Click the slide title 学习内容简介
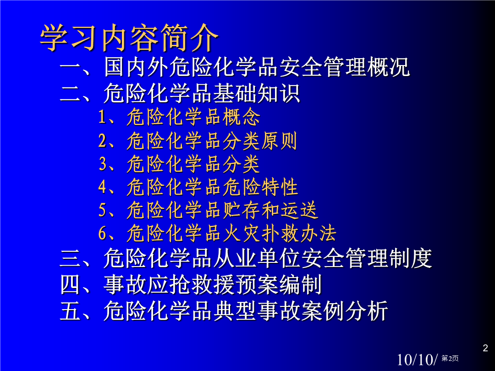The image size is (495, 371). point(129,38)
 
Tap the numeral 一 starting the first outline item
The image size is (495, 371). point(70,66)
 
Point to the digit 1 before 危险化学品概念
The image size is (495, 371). point(102,117)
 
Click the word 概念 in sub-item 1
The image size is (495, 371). point(242,117)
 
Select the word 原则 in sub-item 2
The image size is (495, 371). point(279,141)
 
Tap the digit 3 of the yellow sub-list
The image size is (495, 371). point(103,164)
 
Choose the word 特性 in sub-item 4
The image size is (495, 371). point(279,187)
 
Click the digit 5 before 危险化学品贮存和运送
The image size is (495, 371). point(103,210)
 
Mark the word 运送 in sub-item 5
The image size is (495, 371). point(299,210)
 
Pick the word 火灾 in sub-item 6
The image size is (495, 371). point(242,234)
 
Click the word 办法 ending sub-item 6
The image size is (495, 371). point(318,234)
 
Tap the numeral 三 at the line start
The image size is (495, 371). point(70,258)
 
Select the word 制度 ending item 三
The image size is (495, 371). point(410,258)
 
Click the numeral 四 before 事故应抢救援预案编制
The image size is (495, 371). point(70,284)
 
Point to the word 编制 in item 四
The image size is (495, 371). point(300,284)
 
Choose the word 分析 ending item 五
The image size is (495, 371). point(367,311)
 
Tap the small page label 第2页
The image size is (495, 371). point(450,358)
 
